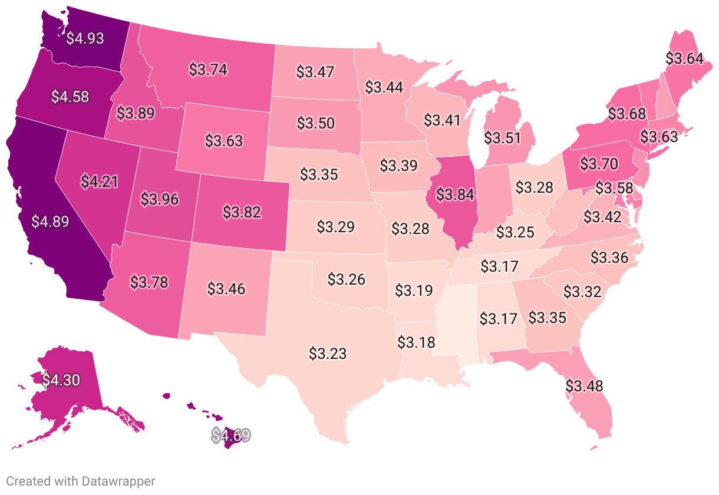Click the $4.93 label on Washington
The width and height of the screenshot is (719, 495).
(x=85, y=38)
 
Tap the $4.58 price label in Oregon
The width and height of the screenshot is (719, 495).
(x=70, y=96)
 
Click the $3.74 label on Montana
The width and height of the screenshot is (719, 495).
(x=208, y=69)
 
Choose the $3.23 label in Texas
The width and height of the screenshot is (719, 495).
(x=328, y=354)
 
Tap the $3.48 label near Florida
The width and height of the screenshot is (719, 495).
(x=585, y=386)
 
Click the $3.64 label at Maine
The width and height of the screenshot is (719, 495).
(x=684, y=58)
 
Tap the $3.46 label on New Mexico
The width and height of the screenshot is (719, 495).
(x=226, y=289)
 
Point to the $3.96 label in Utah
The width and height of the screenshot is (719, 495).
(x=160, y=199)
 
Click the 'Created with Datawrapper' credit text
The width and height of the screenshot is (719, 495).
(x=80, y=481)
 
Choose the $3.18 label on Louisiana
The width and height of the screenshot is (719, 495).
(x=416, y=342)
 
